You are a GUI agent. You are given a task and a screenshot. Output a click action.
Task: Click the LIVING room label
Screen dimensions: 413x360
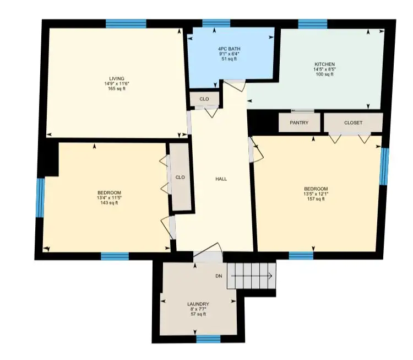tap(117, 79)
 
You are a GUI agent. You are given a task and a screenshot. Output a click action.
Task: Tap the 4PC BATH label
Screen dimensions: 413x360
tap(229, 49)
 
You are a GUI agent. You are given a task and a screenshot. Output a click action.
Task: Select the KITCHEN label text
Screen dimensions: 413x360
tap(324, 65)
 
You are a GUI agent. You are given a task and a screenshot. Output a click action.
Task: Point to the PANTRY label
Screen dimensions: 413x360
tap(299, 122)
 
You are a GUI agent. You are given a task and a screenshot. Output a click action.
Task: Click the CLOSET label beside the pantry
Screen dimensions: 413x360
tap(353, 122)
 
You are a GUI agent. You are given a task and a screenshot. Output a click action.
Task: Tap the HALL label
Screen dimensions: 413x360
tap(221, 179)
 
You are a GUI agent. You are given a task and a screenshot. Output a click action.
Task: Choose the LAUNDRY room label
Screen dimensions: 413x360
tap(198, 304)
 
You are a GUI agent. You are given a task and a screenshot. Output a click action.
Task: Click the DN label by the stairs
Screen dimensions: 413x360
tap(219, 276)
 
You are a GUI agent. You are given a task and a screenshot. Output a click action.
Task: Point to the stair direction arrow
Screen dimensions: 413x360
tap(252, 276)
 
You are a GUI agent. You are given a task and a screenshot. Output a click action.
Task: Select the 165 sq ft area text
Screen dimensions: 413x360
tap(117, 89)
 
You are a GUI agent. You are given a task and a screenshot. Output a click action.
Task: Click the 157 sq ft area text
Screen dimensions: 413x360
tap(316, 199)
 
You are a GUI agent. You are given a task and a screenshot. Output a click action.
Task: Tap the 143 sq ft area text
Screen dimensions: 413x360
tap(109, 203)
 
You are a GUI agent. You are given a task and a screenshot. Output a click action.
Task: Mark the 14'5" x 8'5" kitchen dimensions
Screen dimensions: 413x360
tap(324, 69)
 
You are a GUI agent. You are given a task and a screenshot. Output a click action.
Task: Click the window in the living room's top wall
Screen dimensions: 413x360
tap(126, 24)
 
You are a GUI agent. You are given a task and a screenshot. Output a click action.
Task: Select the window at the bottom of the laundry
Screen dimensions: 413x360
tap(208, 339)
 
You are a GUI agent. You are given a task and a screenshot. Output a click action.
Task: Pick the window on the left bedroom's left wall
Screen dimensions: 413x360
tap(40, 198)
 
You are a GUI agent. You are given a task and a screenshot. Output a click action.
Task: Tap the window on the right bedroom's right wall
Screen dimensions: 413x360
tap(384, 166)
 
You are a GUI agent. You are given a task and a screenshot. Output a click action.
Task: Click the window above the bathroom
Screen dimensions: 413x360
tap(216, 23)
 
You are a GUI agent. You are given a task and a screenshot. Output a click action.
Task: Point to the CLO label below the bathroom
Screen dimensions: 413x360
tap(204, 99)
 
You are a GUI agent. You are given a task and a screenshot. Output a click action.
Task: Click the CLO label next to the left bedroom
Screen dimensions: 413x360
tap(180, 177)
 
